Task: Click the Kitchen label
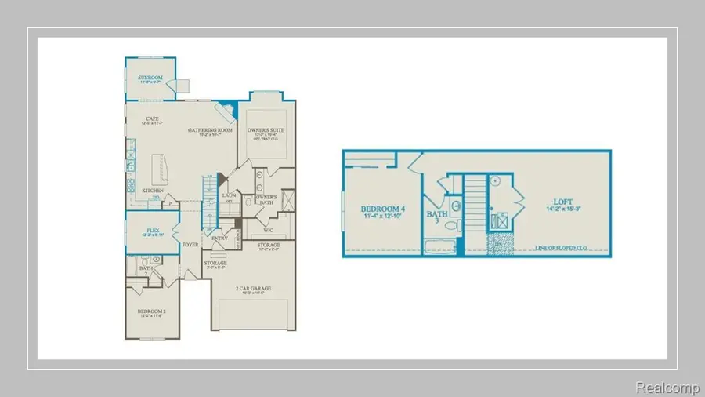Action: [153, 191]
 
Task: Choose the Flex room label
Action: [154, 231]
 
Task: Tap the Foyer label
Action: [190, 245]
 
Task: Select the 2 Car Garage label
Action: [254, 289]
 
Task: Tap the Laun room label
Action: [230, 195]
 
